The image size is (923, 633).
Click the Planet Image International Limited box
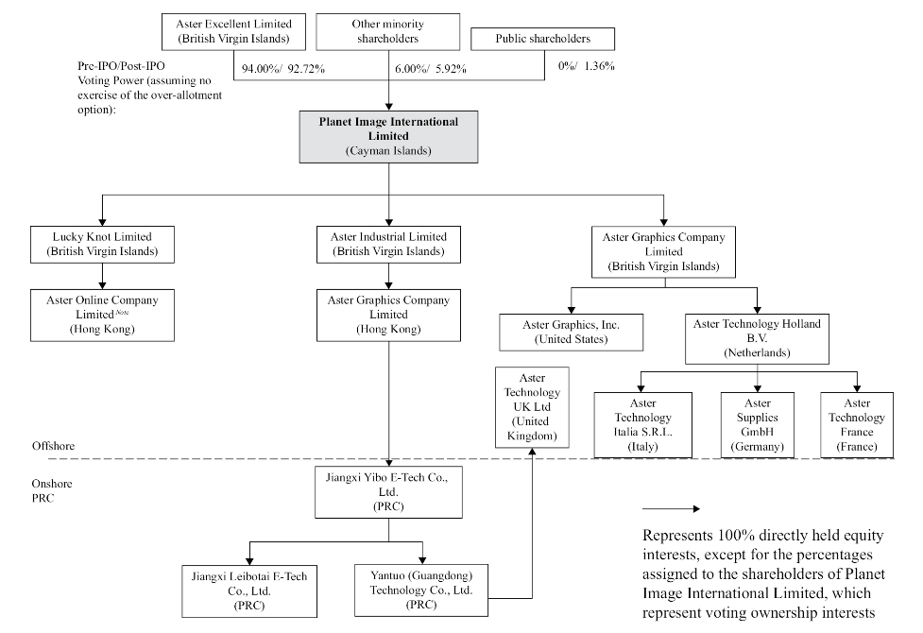pos(388,137)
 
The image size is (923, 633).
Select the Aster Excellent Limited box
pos(233,32)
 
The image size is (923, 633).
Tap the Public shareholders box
pos(542,39)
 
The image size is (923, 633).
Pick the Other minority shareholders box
pos(388,32)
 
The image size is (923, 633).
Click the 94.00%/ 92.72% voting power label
pos(283,69)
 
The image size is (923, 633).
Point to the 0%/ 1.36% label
pos(587,66)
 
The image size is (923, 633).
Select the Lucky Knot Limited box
pos(102,245)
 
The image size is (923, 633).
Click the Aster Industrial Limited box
pos(388,245)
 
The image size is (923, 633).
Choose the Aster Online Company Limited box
pos(102,315)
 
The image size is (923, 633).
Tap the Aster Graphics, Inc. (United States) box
pos(571,333)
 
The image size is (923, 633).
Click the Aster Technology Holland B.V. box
pos(757,338)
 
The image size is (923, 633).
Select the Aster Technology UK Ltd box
pos(532,407)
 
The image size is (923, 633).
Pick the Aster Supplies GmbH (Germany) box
pos(758,425)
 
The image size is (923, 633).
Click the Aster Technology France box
pos(857,425)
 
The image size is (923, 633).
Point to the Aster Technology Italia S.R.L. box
pos(642,425)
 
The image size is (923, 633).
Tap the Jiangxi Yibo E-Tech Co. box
pos(388,492)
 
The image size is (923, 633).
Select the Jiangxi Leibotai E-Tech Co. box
pos(249,591)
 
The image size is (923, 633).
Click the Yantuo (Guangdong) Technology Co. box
pos(421,590)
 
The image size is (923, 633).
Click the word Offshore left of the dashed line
pos(54,446)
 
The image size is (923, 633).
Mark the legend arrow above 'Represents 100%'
pos(671,508)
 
